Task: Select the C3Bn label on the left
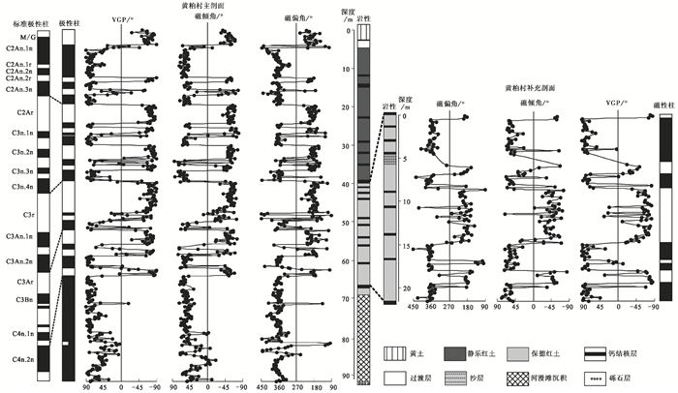(x=19, y=302)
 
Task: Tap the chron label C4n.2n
(x=19, y=360)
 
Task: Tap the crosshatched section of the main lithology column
(x=363, y=339)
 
